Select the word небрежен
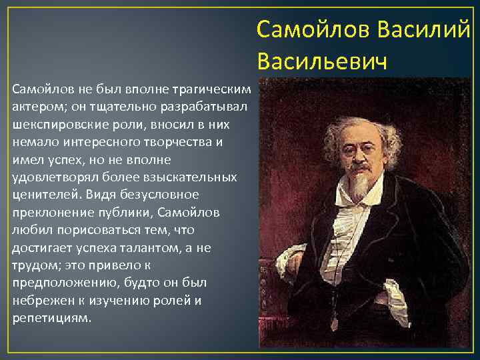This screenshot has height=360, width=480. pos(40,300)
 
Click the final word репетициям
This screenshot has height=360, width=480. pos(51,318)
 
